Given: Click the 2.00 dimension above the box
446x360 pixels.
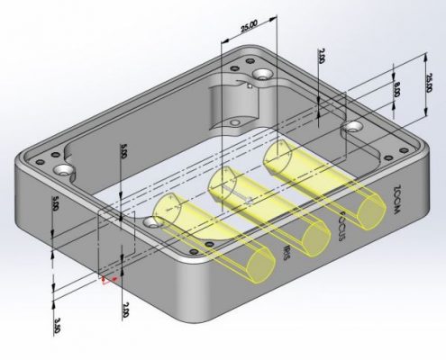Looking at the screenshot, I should click(x=322, y=57).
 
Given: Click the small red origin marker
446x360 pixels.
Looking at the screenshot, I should click(x=107, y=281).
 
